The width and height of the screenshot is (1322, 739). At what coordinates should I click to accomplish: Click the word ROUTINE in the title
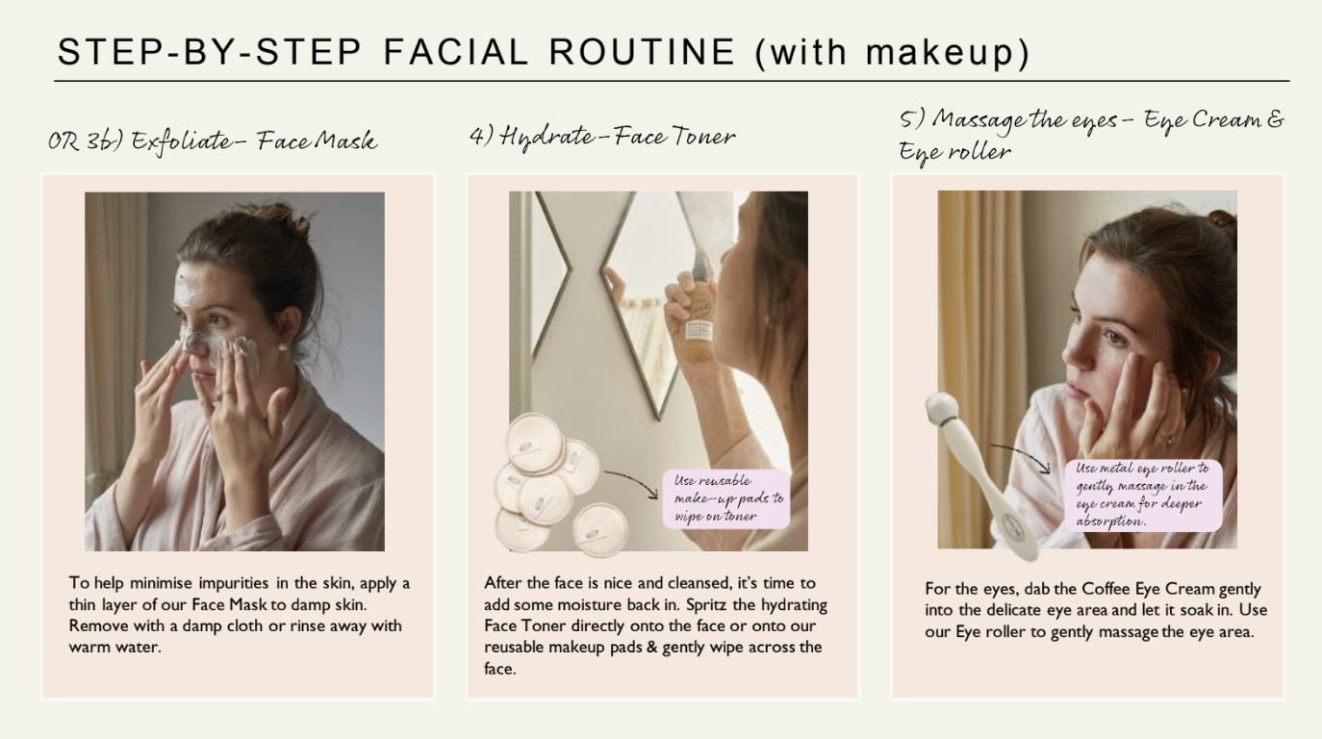click(642, 51)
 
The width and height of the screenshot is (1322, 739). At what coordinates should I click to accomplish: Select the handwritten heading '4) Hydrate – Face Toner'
click(602, 137)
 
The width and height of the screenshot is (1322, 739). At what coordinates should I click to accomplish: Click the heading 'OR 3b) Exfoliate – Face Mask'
click(213, 141)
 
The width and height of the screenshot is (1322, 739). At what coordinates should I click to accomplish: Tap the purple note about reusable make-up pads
click(726, 498)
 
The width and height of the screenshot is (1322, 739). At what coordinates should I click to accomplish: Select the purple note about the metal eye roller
click(1143, 495)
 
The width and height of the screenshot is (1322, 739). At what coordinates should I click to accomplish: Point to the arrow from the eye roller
click(1024, 452)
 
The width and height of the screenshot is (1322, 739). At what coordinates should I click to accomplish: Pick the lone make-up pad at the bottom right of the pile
click(600, 529)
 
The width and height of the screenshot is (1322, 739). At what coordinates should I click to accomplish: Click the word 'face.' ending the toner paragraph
click(500, 669)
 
